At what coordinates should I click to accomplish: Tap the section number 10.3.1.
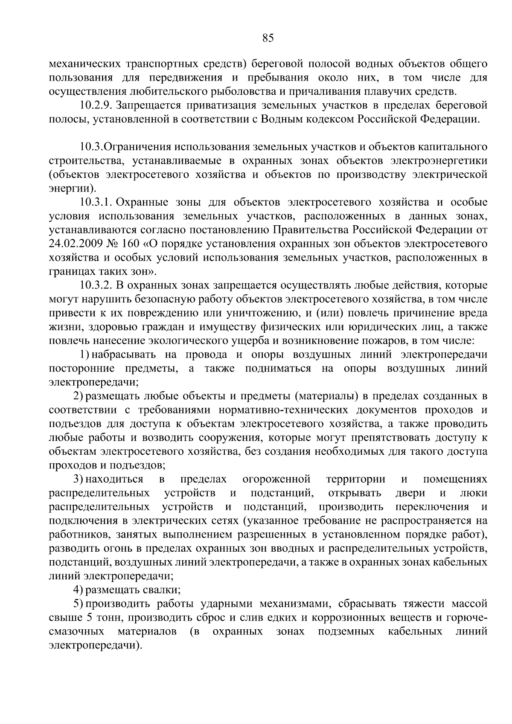[95, 203]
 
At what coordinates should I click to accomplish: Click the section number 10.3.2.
[95, 285]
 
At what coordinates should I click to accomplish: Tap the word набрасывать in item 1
[122, 355]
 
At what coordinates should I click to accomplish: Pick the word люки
[474, 494]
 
